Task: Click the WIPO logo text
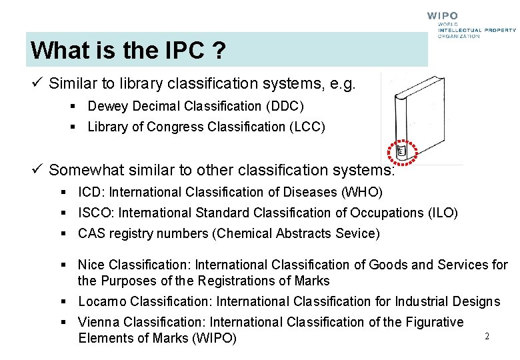[x=443, y=15]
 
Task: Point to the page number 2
[x=487, y=337]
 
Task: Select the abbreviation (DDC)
[x=284, y=106]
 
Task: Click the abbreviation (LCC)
[x=305, y=127]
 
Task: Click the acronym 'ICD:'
[x=92, y=193]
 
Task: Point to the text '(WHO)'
[x=362, y=193]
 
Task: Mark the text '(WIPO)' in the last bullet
[x=214, y=338]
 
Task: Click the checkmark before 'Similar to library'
[x=37, y=83]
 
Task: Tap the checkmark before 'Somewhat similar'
[x=37, y=169]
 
